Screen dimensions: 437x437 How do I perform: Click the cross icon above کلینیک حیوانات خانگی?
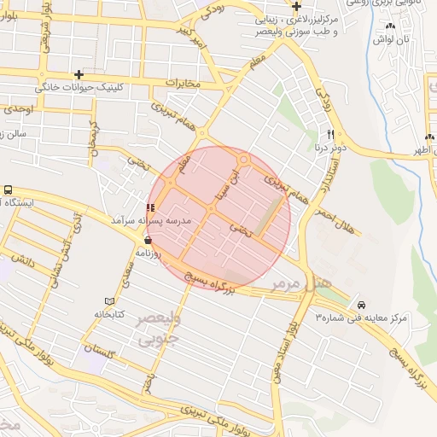coord(79,75)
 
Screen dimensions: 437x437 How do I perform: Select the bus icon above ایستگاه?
coord(9,189)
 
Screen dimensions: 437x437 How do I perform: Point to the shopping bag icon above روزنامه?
coord(149,240)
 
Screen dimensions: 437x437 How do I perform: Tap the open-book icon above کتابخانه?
coord(108,301)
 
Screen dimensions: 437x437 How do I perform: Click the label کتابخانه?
coord(108,314)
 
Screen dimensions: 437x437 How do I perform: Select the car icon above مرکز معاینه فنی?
coord(362,305)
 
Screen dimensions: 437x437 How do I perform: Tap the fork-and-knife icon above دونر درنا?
coord(329,135)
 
